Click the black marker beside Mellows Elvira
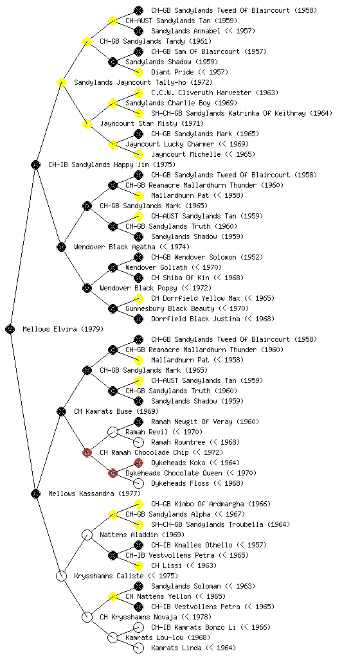(x=10, y=329)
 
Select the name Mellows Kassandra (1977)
(x=94, y=493)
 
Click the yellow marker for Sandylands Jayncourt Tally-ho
(x=61, y=82)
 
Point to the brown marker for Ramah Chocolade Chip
(x=87, y=452)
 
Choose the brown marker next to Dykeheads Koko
(x=138, y=463)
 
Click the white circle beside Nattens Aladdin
(x=87, y=535)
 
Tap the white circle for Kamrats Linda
(x=138, y=648)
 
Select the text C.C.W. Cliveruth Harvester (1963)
(x=215, y=93)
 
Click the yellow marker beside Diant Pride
(x=138, y=72)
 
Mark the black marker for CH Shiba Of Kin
(x=138, y=278)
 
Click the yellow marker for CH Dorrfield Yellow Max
(x=138, y=298)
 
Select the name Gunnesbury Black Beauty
(x=170, y=308)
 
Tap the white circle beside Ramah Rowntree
(x=138, y=442)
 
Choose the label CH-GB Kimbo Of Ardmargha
(x=197, y=504)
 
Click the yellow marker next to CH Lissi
(x=138, y=565)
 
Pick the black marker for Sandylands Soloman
(x=138, y=586)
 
